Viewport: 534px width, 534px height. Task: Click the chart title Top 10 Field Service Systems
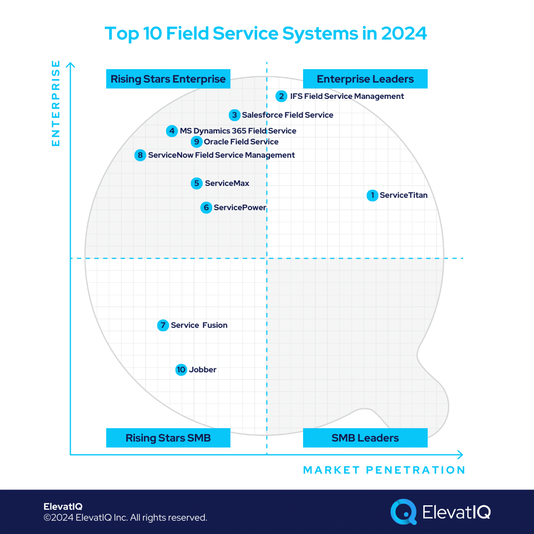266,34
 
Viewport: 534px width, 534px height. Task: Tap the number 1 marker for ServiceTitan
372,195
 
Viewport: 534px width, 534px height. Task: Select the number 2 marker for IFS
281,96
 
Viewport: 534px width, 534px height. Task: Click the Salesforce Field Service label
287,115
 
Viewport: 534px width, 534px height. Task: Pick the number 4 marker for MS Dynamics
172,131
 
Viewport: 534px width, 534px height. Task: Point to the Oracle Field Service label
241,142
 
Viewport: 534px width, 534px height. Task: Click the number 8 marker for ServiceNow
140,155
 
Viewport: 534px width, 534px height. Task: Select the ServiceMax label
227,183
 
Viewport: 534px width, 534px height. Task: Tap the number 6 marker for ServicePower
206,208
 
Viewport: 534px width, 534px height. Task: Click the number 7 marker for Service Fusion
163,325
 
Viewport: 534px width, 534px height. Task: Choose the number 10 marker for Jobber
181,370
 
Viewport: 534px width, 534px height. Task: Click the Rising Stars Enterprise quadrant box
168,79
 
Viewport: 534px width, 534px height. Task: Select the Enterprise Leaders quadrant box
365,79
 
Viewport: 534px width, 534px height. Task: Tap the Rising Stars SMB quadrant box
168,438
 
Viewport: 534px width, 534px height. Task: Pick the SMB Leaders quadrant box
365,438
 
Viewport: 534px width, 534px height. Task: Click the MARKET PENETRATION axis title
384,470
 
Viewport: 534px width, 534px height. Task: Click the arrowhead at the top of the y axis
71,65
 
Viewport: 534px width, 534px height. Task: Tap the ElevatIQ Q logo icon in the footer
403,511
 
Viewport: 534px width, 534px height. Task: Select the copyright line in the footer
125,518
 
